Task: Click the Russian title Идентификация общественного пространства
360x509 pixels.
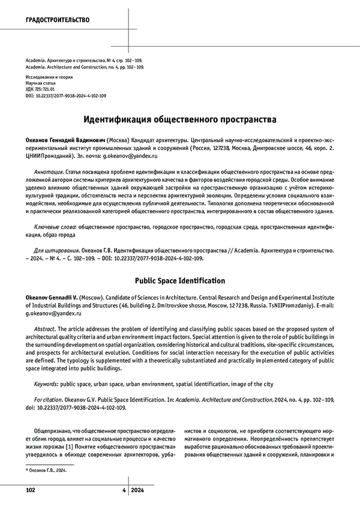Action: coord(179,119)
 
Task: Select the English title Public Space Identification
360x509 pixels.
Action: coord(179,280)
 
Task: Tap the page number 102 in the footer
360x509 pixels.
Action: coord(31,490)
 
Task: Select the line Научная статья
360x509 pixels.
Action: coord(42,83)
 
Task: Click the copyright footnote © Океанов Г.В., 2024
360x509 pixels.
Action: coord(46,471)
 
